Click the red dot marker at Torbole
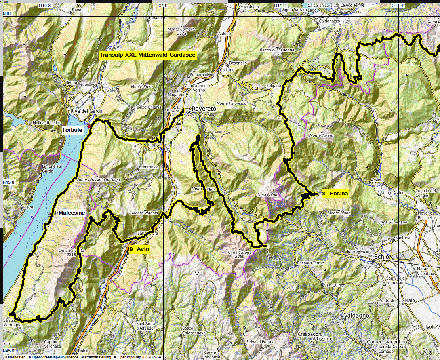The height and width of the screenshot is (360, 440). coord(89,126)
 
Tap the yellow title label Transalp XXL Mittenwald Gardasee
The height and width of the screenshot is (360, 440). coord(148,56)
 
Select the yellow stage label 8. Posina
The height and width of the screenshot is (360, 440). coord(335,194)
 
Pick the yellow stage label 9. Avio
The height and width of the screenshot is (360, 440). coord(139,250)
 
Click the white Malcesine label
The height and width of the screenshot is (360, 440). coord(72,213)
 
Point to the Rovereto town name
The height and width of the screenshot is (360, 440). coord(204,109)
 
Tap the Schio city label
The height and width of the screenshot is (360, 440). coord(382,257)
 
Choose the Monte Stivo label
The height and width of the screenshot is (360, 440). coord(142,86)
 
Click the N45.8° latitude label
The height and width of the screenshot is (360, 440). coord(9,182)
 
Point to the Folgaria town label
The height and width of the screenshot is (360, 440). coord(274,86)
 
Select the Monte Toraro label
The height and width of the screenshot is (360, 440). coord(321,135)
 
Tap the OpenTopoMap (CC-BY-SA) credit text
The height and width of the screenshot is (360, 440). coord(137,357)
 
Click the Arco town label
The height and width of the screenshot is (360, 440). coord(103,83)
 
